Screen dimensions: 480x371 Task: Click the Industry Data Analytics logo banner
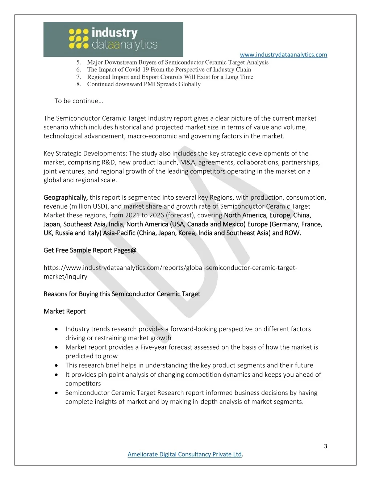(x=113, y=39)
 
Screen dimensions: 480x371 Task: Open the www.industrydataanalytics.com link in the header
(x=283, y=55)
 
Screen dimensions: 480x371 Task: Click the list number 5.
(x=78, y=62)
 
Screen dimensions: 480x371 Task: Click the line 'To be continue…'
(x=79, y=101)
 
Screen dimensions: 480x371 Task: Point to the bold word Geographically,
(x=66, y=197)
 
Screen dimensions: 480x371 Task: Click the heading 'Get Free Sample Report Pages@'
(x=90, y=250)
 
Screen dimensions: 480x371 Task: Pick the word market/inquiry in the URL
(x=65, y=276)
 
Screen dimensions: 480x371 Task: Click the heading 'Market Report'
(x=64, y=311)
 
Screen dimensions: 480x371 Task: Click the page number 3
(x=325, y=446)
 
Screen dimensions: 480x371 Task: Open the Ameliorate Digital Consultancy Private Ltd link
(x=184, y=454)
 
